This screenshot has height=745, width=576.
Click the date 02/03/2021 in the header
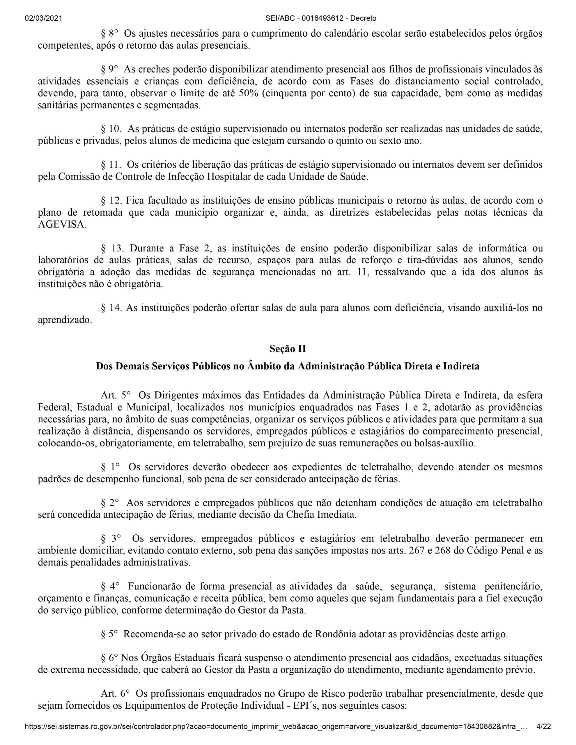43,18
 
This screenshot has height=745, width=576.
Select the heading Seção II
288,349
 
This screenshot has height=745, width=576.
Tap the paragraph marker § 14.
111,308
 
